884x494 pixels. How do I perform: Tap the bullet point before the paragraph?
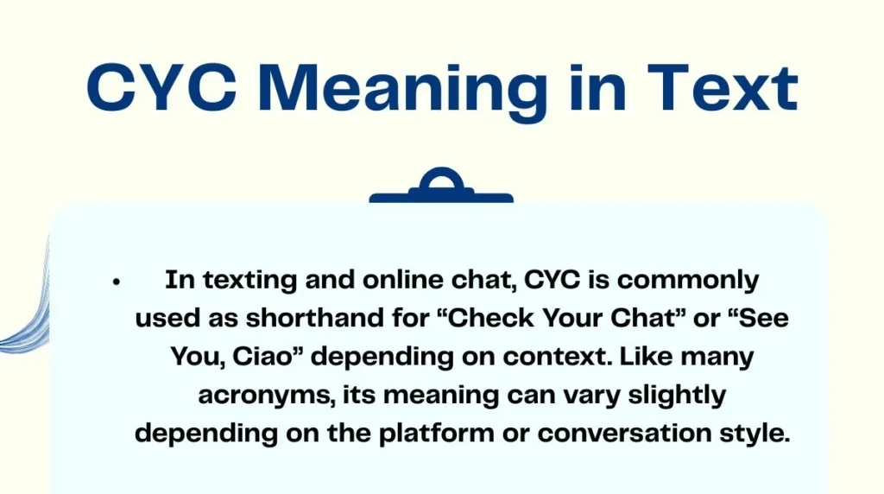point(115,282)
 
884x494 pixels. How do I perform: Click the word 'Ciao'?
point(270,357)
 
